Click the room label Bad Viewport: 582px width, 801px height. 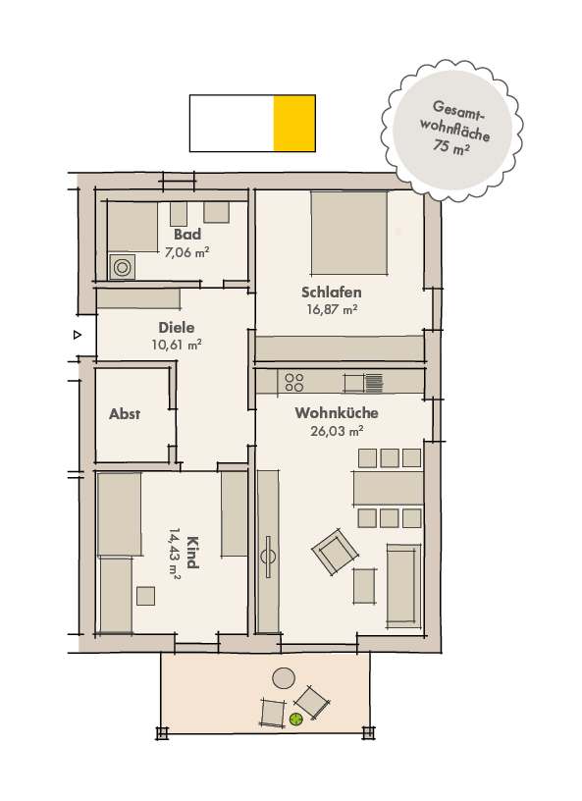click(187, 235)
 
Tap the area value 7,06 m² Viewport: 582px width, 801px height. click(186, 252)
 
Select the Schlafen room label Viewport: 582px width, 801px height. click(332, 293)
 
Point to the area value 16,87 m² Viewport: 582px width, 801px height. click(332, 309)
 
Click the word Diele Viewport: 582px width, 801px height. click(177, 328)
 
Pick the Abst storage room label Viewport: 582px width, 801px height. click(125, 414)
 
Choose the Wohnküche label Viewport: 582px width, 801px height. click(337, 413)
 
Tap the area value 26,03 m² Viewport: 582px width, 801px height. click(337, 430)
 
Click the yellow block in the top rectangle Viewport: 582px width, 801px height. click(294, 124)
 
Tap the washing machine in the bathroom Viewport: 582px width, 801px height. click(124, 266)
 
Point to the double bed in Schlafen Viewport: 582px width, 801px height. click(348, 233)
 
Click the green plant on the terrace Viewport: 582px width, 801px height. click(295, 720)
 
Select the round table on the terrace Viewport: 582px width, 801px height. click(285, 677)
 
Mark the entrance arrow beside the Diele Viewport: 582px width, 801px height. click(77, 336)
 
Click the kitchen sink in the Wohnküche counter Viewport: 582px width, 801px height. click(374, 381)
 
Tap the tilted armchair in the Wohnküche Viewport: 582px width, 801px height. click(334, 553)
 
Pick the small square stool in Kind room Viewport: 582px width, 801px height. click(146, 595)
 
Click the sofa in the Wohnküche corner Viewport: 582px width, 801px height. click(402, 584)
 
